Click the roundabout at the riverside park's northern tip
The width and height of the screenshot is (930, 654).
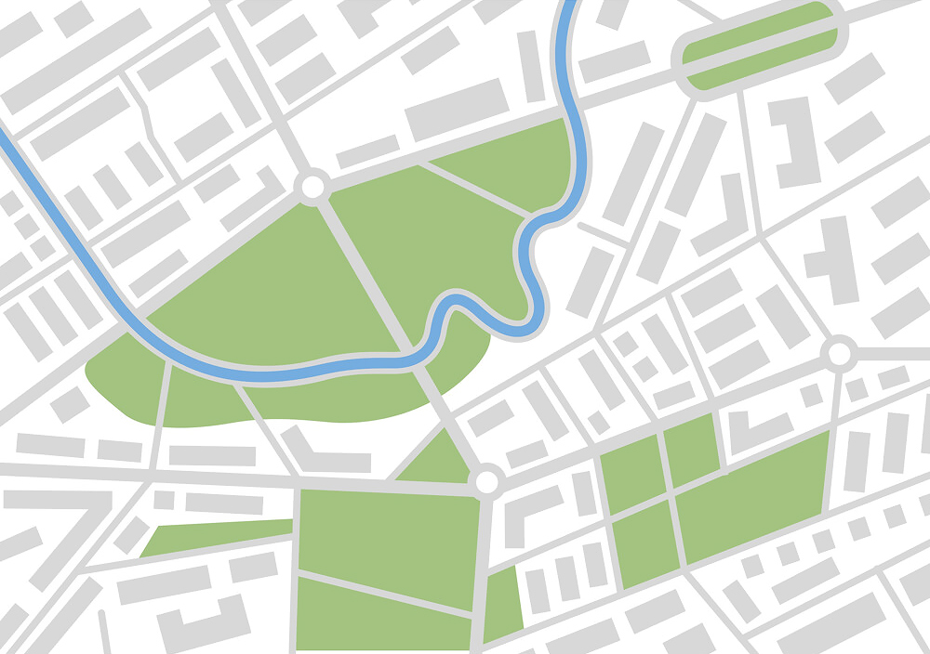[312, 187]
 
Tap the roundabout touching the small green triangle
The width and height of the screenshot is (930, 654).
[485, 482]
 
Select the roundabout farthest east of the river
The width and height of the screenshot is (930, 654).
[839, 353]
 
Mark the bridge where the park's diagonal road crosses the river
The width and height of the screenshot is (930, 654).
[413, 352]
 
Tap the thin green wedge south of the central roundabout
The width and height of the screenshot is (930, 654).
[501, 604]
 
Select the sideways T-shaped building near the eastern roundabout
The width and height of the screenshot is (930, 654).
[830, 260]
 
